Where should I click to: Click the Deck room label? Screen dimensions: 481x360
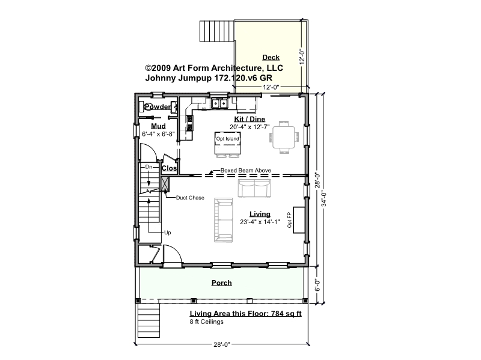coord(271,57)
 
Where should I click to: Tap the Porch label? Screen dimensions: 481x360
coord(221,282)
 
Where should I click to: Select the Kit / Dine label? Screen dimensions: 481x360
coord(250,119)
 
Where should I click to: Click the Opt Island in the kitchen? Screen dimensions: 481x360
coord(228,143)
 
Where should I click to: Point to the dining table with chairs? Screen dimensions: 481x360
coord(284,137)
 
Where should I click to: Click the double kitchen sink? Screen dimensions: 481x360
coord(219,103)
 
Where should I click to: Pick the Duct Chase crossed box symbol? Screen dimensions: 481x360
coord(165,184)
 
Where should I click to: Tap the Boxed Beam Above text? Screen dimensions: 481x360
coord(246,170)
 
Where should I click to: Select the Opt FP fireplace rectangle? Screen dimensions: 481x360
coord(299,220)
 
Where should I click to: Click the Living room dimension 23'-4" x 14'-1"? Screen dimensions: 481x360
coord(260,222)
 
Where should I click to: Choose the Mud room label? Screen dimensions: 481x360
coord(158,126)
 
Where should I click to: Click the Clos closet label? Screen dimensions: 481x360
coord(169,168)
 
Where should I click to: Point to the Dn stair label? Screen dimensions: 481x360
coord(149,167)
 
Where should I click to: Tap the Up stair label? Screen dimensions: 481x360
coord(168,233)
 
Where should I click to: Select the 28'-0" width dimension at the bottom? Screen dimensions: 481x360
coord(222,344)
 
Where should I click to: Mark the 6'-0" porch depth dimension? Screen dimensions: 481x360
coord(317,285)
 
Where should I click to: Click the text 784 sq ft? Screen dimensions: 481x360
coord(286,313)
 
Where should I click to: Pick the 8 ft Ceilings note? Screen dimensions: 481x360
coord(206,322)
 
